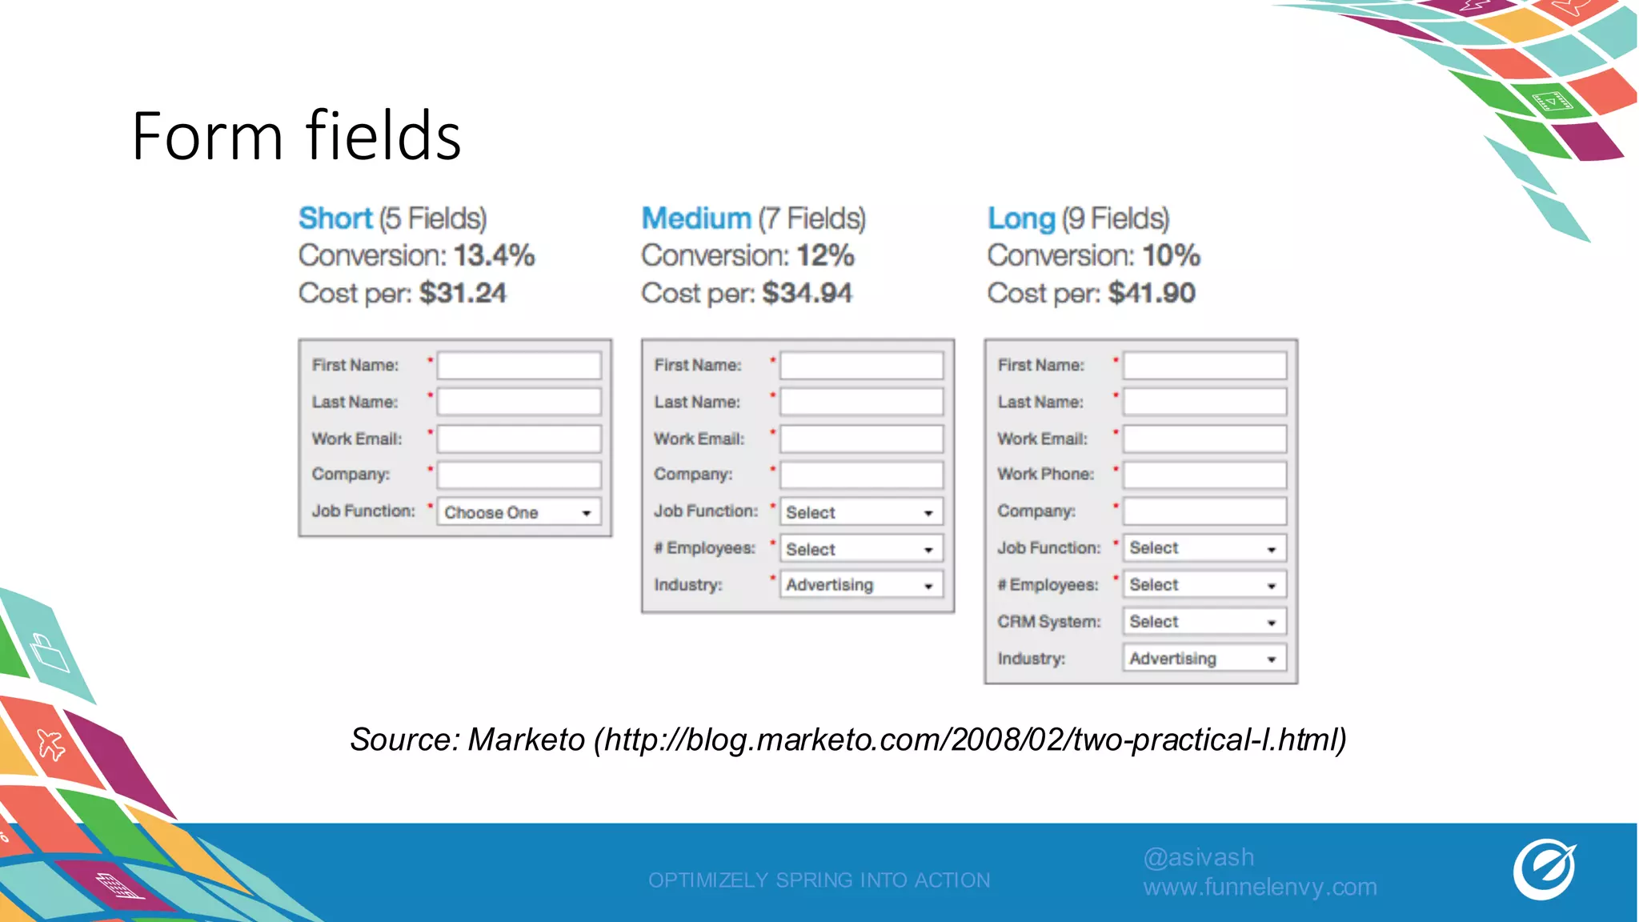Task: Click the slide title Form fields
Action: [x=296, y=136]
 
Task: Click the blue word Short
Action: [x=335, y=218]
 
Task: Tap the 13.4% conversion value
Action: [x=494, y=256]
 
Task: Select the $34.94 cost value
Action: [x=807, y=293]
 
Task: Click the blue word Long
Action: [x=1021, y=218]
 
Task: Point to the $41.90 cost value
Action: [x=1152, y=293]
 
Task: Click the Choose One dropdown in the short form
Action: [x=518, y=512]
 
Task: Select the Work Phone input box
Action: [x=1204, y=475]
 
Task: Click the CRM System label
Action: [x=1048, y=622]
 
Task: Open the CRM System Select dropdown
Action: [x=1204, y=622]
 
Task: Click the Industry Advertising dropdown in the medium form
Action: [x=861, y=585]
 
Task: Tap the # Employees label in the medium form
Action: [x=704, y=548]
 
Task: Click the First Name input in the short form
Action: [x=519, y=366]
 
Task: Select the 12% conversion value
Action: [x=825, y=256]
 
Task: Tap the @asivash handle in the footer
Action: [x=1198, y=857]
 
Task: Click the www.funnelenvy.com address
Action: [x=1260, y=887]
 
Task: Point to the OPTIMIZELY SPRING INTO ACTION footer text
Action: [x=819, y=880]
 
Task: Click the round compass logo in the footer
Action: [x=1544, y=870]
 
